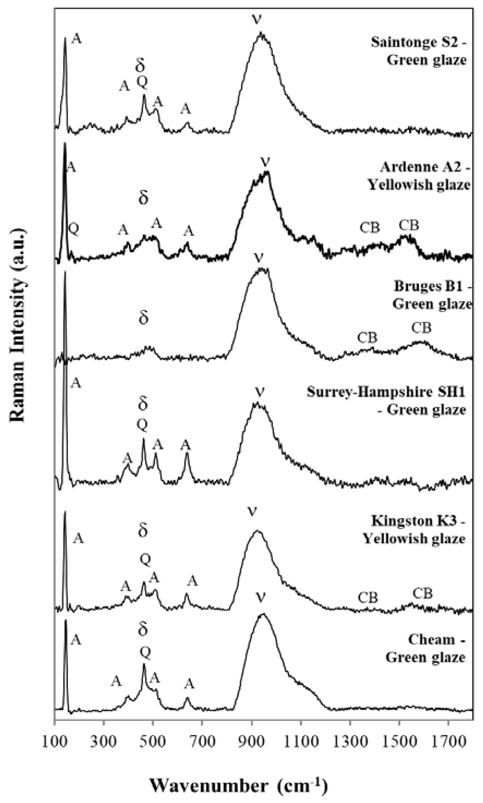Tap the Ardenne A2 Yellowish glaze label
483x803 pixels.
[x=419, y=176]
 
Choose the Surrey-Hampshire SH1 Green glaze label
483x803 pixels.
[x=386, y=401]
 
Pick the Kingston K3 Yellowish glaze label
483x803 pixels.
[x=414, y=529]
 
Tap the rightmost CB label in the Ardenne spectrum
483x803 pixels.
[x=409, y=225]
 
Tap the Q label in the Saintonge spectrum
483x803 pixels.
[x=142, y=82]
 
